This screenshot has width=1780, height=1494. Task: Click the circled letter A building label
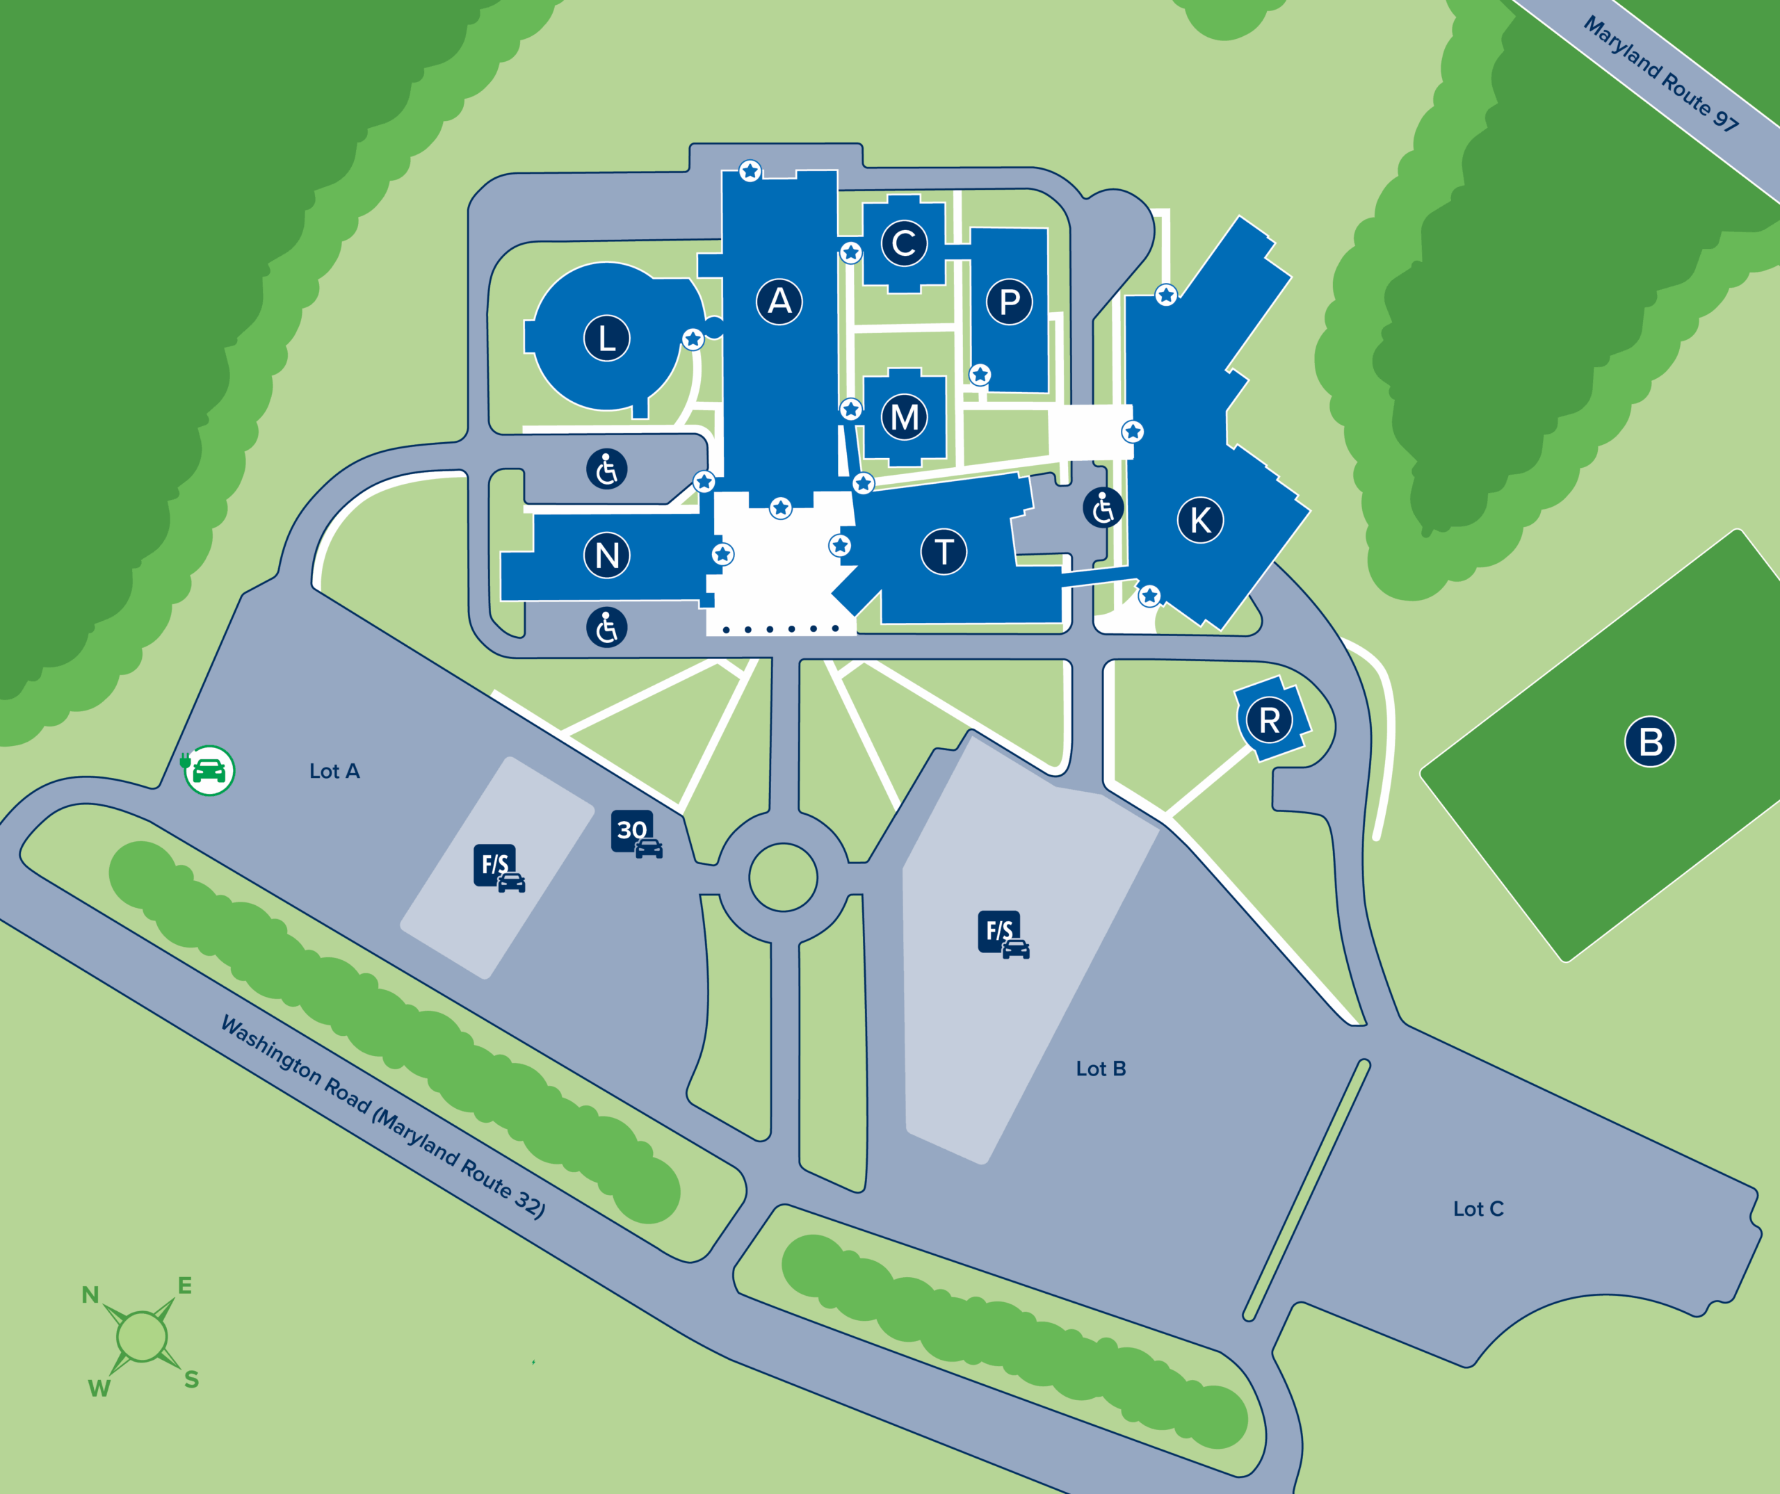(x=779, y=301)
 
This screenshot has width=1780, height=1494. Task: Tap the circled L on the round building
(x=606, y=338)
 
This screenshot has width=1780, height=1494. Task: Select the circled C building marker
(x=904, y=243)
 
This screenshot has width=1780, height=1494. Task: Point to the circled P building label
(x=1009, y=302)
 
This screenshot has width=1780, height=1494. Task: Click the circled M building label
(x=904, y=417)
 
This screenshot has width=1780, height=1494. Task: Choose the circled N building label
(x=606, y=556)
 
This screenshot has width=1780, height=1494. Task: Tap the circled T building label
(x=944, y=552)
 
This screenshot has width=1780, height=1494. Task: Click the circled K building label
(x=1200, y=520)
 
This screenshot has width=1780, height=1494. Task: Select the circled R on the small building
(x=1269, y=720)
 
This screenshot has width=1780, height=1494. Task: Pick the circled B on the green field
(x=1649, y=742)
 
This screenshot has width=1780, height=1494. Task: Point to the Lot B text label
(x=1100, y=1069)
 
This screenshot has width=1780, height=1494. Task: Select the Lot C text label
(x=1478, y=1209)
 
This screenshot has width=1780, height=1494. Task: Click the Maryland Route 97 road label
(x=1660, y=74)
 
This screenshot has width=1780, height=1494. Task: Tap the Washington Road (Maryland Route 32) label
(x=382, y=1116)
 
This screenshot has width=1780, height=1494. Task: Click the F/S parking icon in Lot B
(x=1003, y=934)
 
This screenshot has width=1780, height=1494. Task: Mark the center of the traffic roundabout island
(x=783, y=877)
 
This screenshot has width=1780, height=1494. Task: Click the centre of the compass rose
(x=142, y=1336)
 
